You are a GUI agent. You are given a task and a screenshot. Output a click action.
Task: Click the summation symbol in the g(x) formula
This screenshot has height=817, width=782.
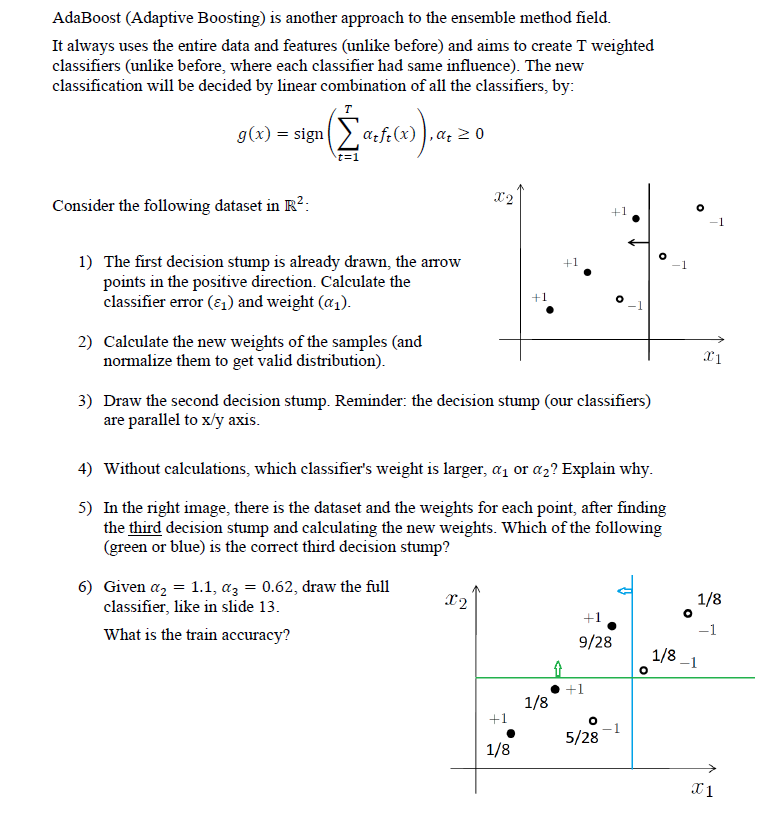tap(347, 134)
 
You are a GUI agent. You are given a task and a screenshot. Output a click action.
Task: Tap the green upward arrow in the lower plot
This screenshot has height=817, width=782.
tap(558, 667)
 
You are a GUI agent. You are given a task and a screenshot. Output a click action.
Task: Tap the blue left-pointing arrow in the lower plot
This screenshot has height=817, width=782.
tap(624, 591)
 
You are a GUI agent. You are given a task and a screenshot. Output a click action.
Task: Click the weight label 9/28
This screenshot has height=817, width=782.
tap(596, 642)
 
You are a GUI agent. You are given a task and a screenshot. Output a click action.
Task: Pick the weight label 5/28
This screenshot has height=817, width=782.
tap(583, 738)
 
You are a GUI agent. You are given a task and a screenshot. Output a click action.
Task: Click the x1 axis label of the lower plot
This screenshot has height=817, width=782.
tap(703, 790)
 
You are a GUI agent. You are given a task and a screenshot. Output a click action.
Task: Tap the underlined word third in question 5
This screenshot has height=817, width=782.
tap(147, 527)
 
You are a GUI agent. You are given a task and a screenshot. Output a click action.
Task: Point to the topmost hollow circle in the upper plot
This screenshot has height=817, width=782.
tap(700, 208)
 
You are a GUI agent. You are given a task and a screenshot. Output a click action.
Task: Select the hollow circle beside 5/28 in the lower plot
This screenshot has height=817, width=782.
tap(593, 719)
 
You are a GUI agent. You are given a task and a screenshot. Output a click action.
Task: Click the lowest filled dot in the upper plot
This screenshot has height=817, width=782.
tap(549, 310)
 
